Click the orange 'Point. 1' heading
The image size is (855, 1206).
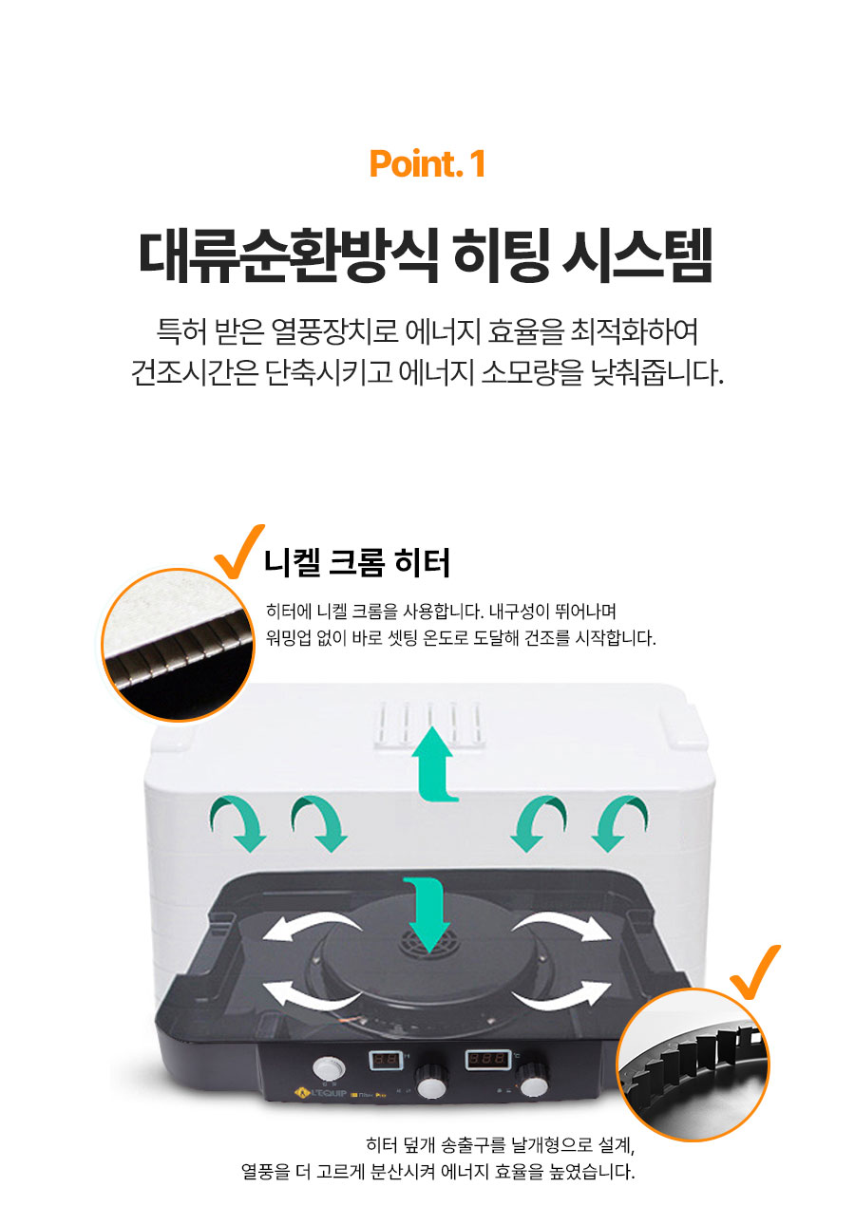point(427,163)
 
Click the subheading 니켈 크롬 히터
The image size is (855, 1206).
point(356,563)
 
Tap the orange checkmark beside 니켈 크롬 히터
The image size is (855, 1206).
point(238,552)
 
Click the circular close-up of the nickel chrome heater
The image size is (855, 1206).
point(179,645)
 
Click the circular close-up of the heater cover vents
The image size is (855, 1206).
point(693,1063)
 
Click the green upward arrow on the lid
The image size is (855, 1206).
point(435,761)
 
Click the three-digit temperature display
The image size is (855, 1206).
point(485,1059)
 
